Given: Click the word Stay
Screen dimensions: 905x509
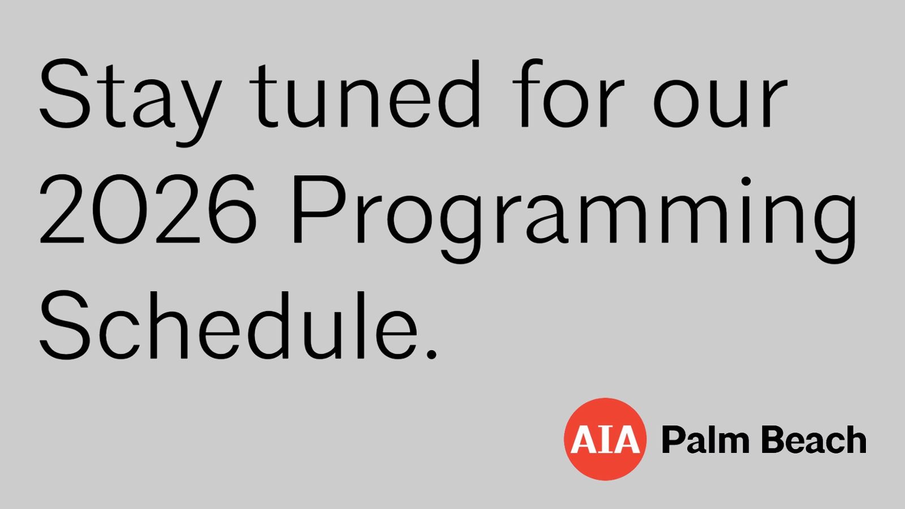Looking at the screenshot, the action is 131,102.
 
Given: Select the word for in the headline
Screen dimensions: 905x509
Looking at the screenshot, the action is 568,93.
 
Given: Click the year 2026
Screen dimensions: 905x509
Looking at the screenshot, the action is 148,209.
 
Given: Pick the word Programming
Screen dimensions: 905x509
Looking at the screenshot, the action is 575,219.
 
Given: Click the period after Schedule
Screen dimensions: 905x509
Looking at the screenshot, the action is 432,354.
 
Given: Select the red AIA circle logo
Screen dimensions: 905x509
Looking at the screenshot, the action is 605,439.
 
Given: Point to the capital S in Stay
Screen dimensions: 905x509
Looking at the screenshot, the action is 64,94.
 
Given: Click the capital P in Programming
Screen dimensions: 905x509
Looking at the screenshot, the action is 320,209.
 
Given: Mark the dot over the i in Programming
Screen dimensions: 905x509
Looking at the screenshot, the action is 746,181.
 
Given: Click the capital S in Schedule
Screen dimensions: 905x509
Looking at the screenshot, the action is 64,325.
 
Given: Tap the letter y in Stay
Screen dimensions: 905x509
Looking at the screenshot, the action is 200,113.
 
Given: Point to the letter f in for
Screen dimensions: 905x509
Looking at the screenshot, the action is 527,93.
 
